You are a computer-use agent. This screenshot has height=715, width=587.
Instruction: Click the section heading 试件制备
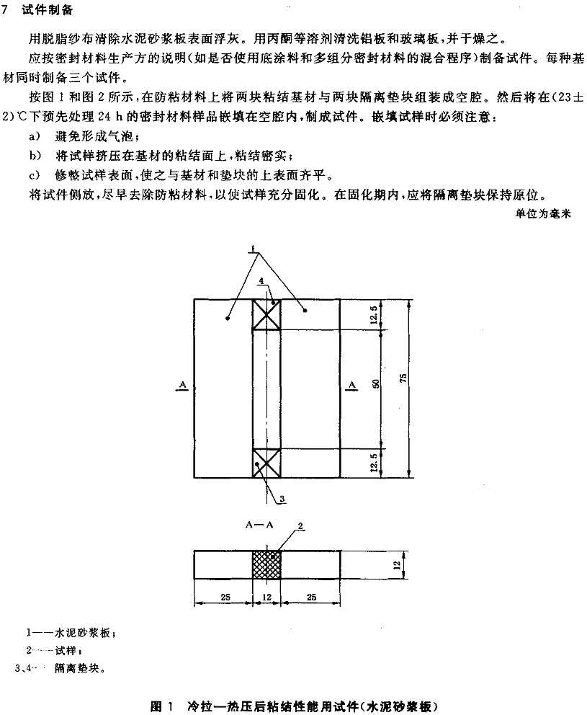coord(47,11)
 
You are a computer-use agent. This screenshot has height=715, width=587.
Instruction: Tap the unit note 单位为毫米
coord(543,214)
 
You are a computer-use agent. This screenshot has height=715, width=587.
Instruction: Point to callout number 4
coord(261,282)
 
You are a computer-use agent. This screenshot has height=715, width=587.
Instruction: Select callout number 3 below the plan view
coord(282,499)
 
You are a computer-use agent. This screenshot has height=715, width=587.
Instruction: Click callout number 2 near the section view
coord(300,525)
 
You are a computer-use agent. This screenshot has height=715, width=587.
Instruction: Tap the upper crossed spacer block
coord(266,314)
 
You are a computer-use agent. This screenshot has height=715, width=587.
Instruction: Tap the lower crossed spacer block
coord(266,463)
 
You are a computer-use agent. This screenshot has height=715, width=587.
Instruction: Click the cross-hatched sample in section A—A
coord(266,565)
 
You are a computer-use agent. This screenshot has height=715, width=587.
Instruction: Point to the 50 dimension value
coord(376,383)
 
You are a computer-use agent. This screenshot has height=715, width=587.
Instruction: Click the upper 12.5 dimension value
coord(374,315)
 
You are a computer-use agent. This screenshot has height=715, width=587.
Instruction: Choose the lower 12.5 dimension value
coord(374,463)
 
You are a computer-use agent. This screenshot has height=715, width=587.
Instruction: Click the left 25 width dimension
coord(225,597)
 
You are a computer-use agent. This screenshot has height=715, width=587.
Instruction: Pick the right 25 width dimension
coord(311,597)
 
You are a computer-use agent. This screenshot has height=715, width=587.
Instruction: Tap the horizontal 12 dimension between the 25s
coord(266,597)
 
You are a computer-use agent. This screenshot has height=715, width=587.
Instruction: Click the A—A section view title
coord(259,525)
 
